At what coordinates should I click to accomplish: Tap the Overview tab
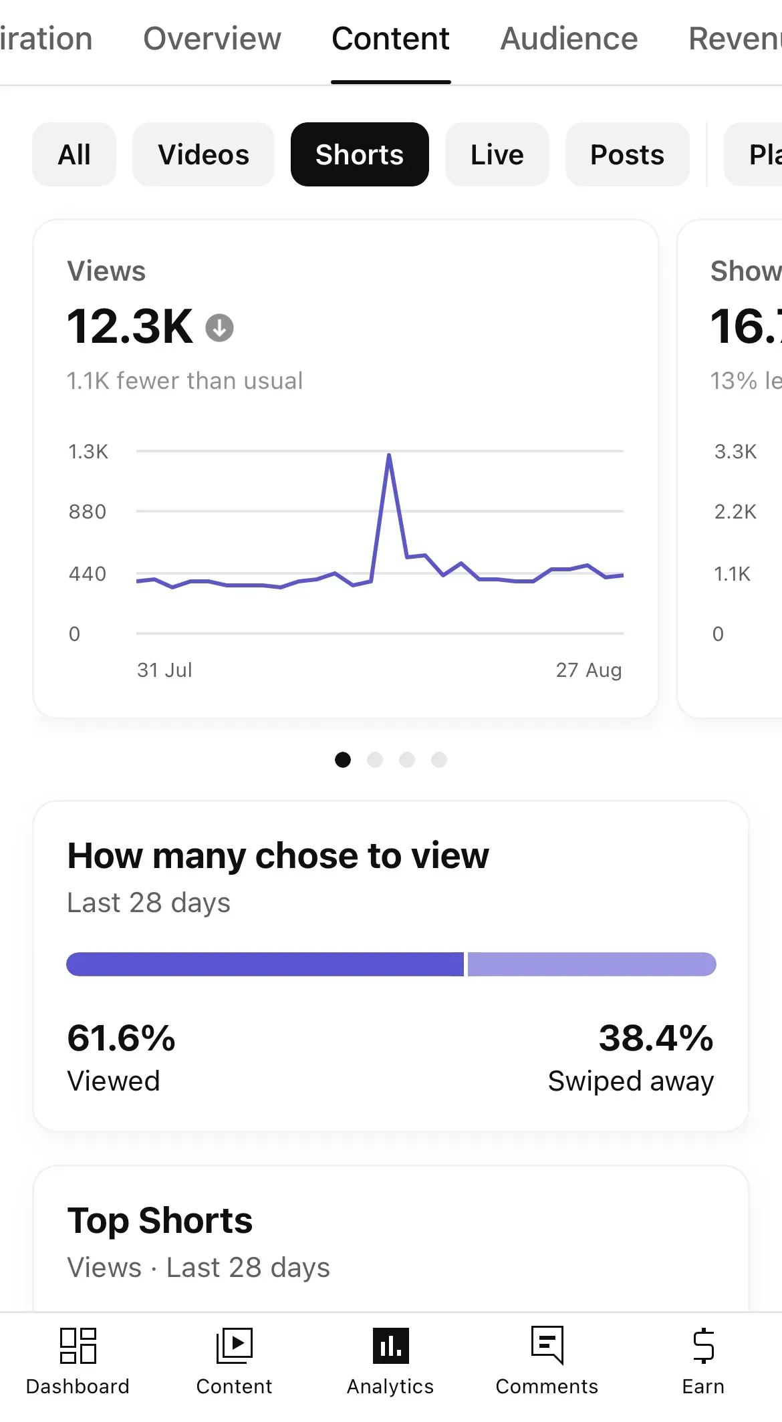click(212, 39)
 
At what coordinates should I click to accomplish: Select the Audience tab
click(569, 39)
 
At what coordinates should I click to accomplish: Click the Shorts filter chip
click(360, 154)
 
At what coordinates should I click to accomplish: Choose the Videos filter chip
click(203, 154)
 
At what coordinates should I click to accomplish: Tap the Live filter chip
click(497, 154)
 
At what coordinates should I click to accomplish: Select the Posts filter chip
click(627, 154)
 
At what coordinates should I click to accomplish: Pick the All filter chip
click(74, 154)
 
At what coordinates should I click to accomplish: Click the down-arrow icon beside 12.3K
click(219, 328)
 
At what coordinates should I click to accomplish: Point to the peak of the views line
click(389, 455)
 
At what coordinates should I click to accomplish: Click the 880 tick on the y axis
click(88, 512)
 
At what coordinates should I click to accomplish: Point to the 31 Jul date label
click(164, 670)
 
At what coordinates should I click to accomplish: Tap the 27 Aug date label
click(589, 670)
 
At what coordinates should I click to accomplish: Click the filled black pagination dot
click(343, 760)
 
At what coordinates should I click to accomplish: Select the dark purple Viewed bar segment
click(265, 964)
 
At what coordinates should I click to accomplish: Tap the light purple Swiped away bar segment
click(592, 964)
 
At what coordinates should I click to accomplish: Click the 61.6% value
click(121, 1038)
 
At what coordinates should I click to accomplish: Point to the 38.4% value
click(656, 1038)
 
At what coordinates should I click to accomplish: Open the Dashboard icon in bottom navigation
click(78, 1345)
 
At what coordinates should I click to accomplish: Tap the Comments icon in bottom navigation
click(547, 1345)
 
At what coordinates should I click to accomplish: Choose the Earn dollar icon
click(703, 1345)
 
